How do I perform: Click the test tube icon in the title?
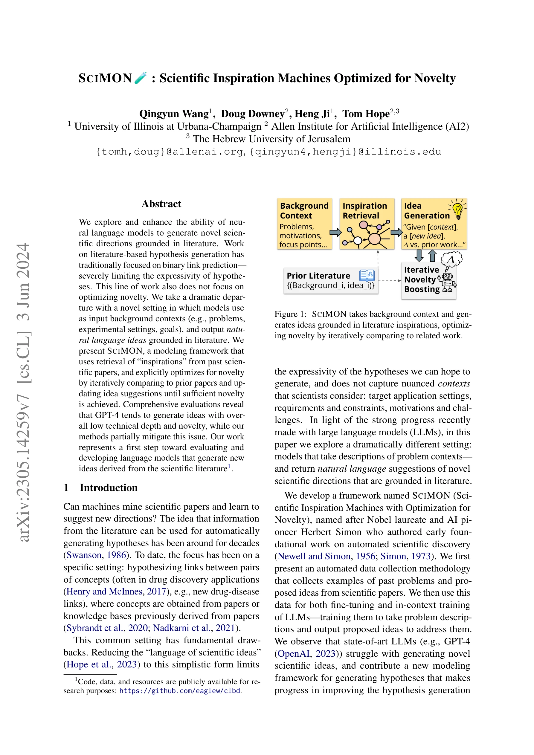(x=141, y=78)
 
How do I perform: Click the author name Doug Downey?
(x=252, y=114)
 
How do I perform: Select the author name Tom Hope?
(x=366, y=114)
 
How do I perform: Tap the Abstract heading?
(x=161, y=204)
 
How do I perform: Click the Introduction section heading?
(x=108, y=488)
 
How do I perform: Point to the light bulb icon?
(x=457, y=210)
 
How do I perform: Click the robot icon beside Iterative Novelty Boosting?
(x=448, y=282)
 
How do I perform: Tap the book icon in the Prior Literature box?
(x=367, y=275)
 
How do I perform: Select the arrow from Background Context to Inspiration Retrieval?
(x=335, y=233)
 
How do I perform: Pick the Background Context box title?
(x=304, y=211)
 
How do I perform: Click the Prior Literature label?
(x=318, y=276)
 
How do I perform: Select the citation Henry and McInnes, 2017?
(x=116, y=592)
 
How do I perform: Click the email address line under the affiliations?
(x=268, y=152)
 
